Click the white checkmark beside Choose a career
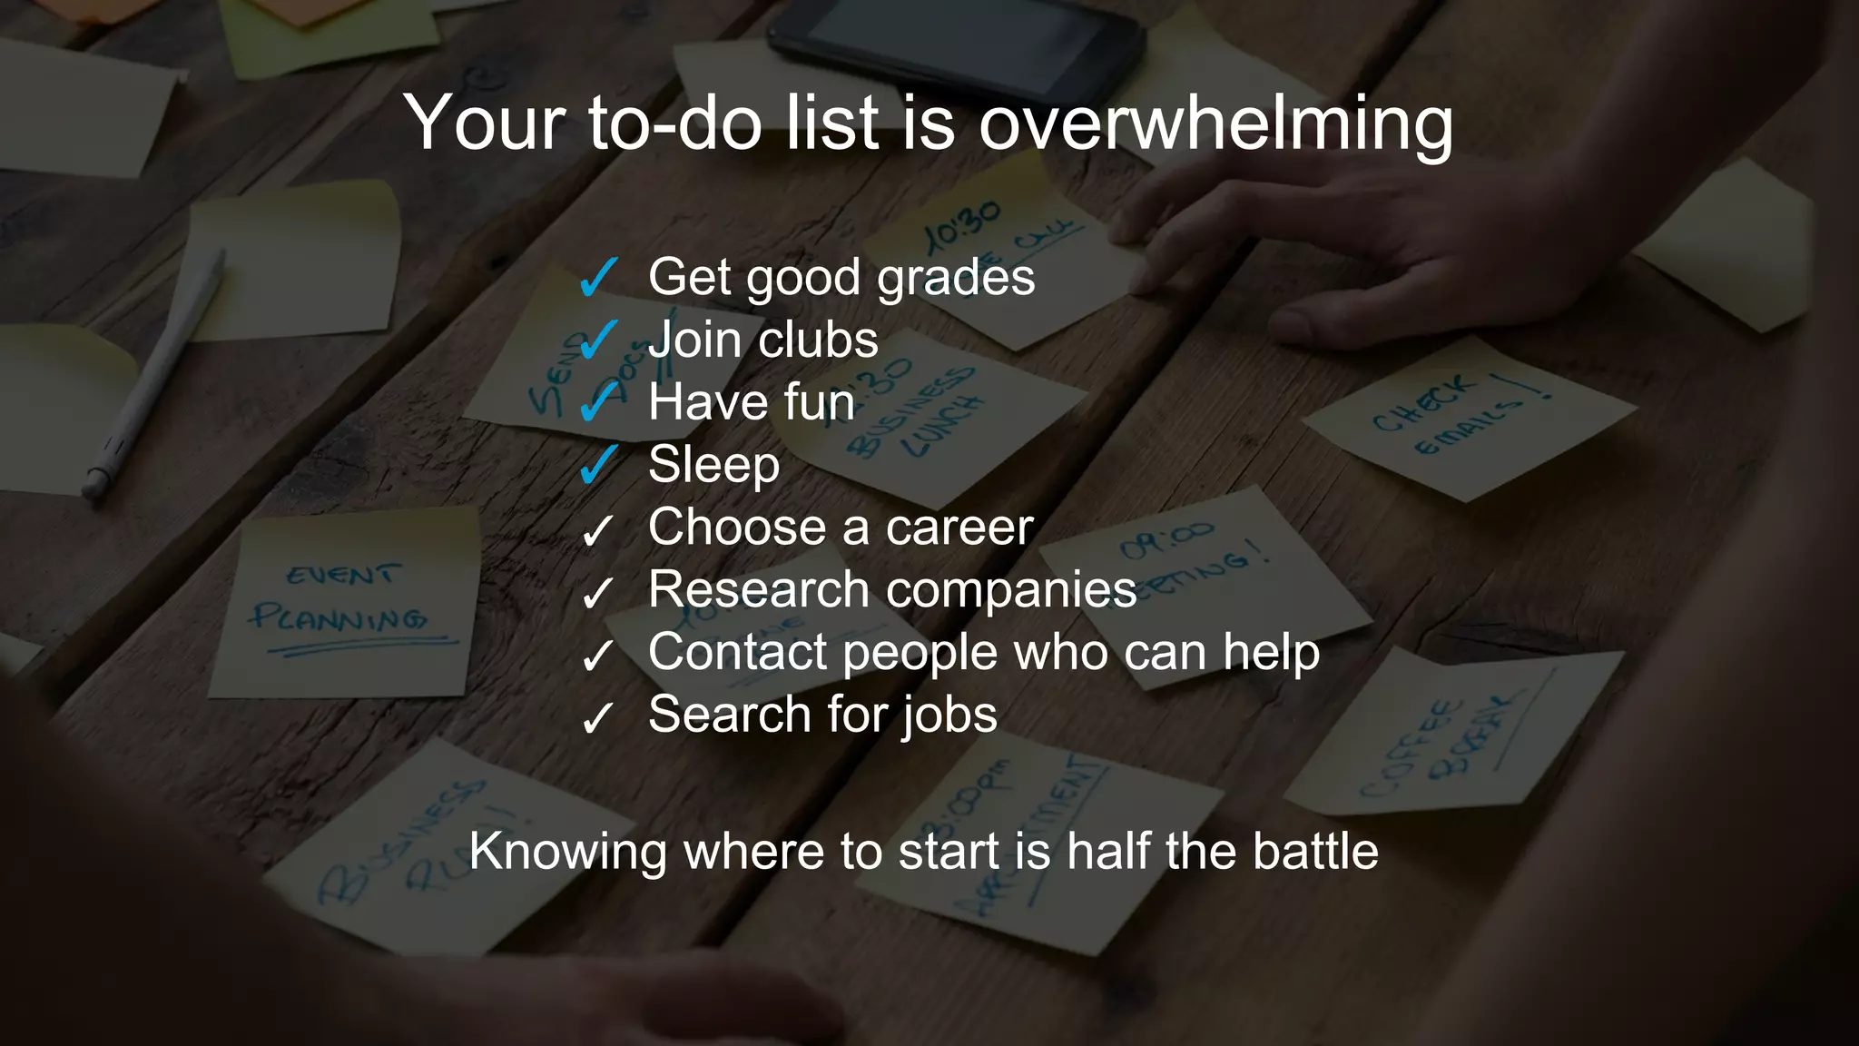(596, 529)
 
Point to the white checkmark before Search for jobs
(596, 717)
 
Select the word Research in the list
(759, 589)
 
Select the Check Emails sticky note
(1467, 419)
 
